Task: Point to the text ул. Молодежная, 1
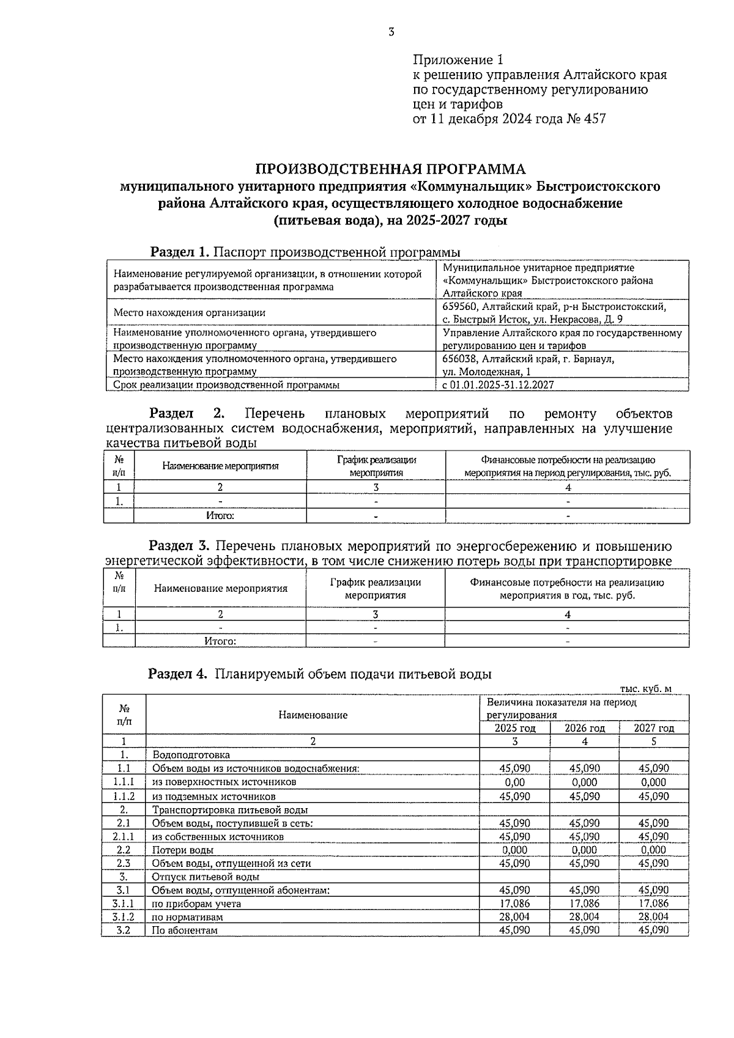pos(486,372)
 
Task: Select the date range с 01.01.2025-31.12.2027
pos(498,385)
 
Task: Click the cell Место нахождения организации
pos(190,313)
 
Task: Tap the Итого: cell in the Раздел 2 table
pos(220,516)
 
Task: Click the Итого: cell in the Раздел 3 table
pos(220,641)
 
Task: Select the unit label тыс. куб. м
pos(645,689)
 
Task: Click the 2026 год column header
pos(584,728)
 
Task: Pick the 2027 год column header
pos(653,728)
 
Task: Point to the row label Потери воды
pos(183,850)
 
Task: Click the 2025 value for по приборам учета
pos(514,904)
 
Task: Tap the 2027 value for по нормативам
pos(653,917)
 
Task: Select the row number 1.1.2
pos(124,797)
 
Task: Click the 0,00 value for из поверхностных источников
pos(514,782)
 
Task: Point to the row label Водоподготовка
pos(191,755)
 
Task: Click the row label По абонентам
pos(185,930)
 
